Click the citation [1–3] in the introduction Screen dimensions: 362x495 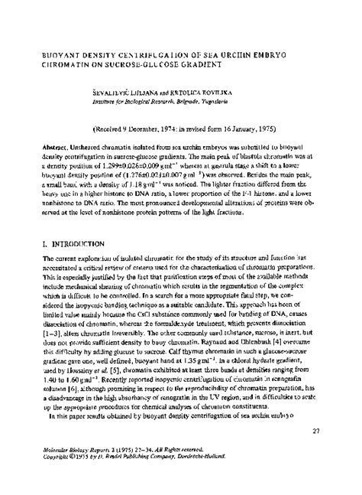[37, 335]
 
